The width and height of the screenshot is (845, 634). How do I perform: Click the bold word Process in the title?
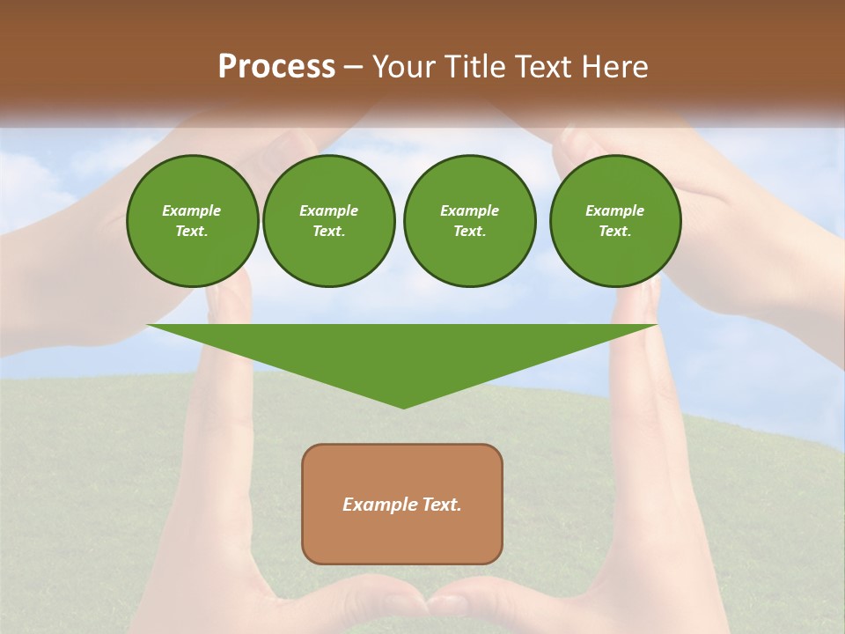(276, 67)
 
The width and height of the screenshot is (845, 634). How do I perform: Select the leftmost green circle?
(192, 221)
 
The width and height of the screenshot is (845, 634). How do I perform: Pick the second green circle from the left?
(328, 221)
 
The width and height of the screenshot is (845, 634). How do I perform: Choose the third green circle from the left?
(469, 221)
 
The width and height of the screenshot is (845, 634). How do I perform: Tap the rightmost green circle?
(614, 221)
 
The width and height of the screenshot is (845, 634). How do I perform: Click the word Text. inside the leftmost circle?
(192, 232)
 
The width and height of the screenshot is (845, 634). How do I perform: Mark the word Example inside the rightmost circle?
(614, 210)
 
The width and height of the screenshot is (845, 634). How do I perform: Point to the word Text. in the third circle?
(469, 232)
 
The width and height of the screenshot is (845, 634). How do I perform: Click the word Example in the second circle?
(328, 210)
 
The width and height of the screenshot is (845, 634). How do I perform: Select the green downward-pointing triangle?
(402, 352)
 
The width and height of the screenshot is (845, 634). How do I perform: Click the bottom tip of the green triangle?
(403, 406)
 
